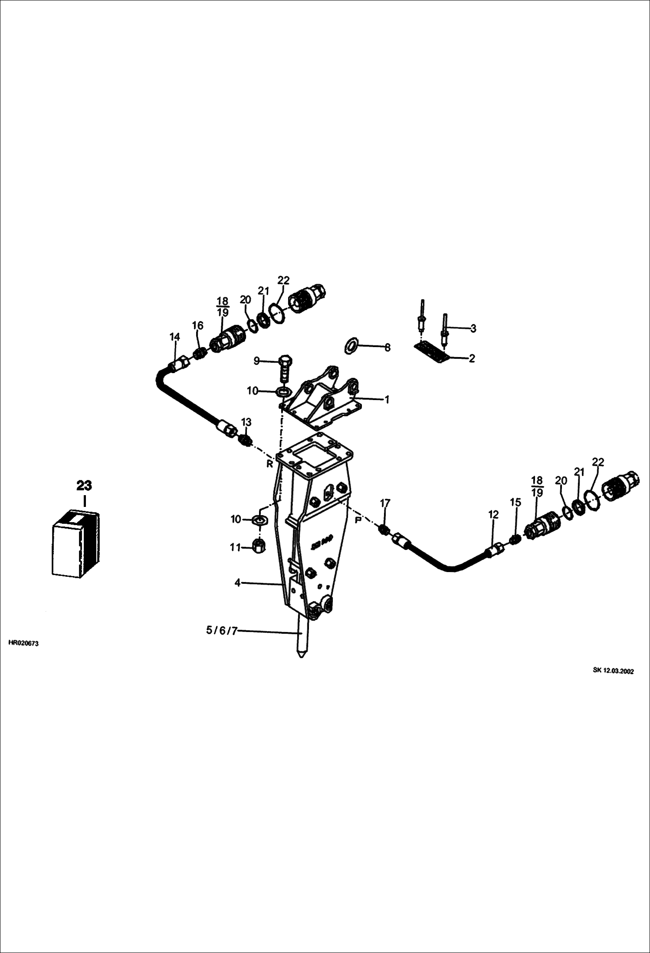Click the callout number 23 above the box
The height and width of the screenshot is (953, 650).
tap(84, 485)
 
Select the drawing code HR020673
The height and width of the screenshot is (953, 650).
tap(23, 643)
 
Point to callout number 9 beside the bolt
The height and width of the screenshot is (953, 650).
tap(256, 361)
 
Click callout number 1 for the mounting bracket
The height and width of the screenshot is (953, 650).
tap(387, 400)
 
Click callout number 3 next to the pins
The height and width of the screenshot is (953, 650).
tap(473, 328)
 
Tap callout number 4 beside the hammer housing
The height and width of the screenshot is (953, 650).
tap(237, 583)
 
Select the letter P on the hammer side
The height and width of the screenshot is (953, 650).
tap(358, 520)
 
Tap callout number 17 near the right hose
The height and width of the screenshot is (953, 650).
tap(385, 503)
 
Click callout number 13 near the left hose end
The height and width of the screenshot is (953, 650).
tap(246, 422)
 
